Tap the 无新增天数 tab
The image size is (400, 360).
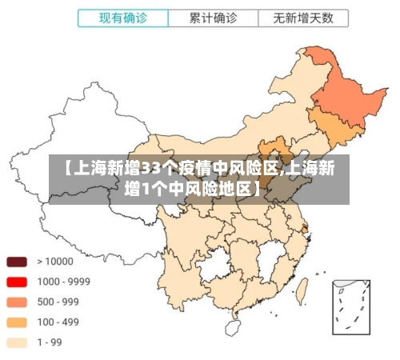(x=303, y=17)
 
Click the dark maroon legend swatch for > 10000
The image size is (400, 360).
(x=17, y=262)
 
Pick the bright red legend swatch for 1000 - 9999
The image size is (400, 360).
(x=17, y=282)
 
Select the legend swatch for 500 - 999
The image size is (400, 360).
(x=17, y=302)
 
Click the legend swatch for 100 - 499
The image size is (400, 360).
(x=17, y=322)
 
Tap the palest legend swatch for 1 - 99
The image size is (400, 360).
(x=17, y=342)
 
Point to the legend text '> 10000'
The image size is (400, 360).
(x=54, y=262)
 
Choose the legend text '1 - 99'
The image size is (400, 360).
(x=50, y=342)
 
